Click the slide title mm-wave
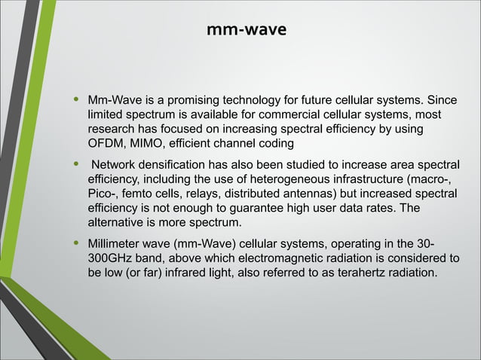point(246,31)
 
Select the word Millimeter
point(116,244)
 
